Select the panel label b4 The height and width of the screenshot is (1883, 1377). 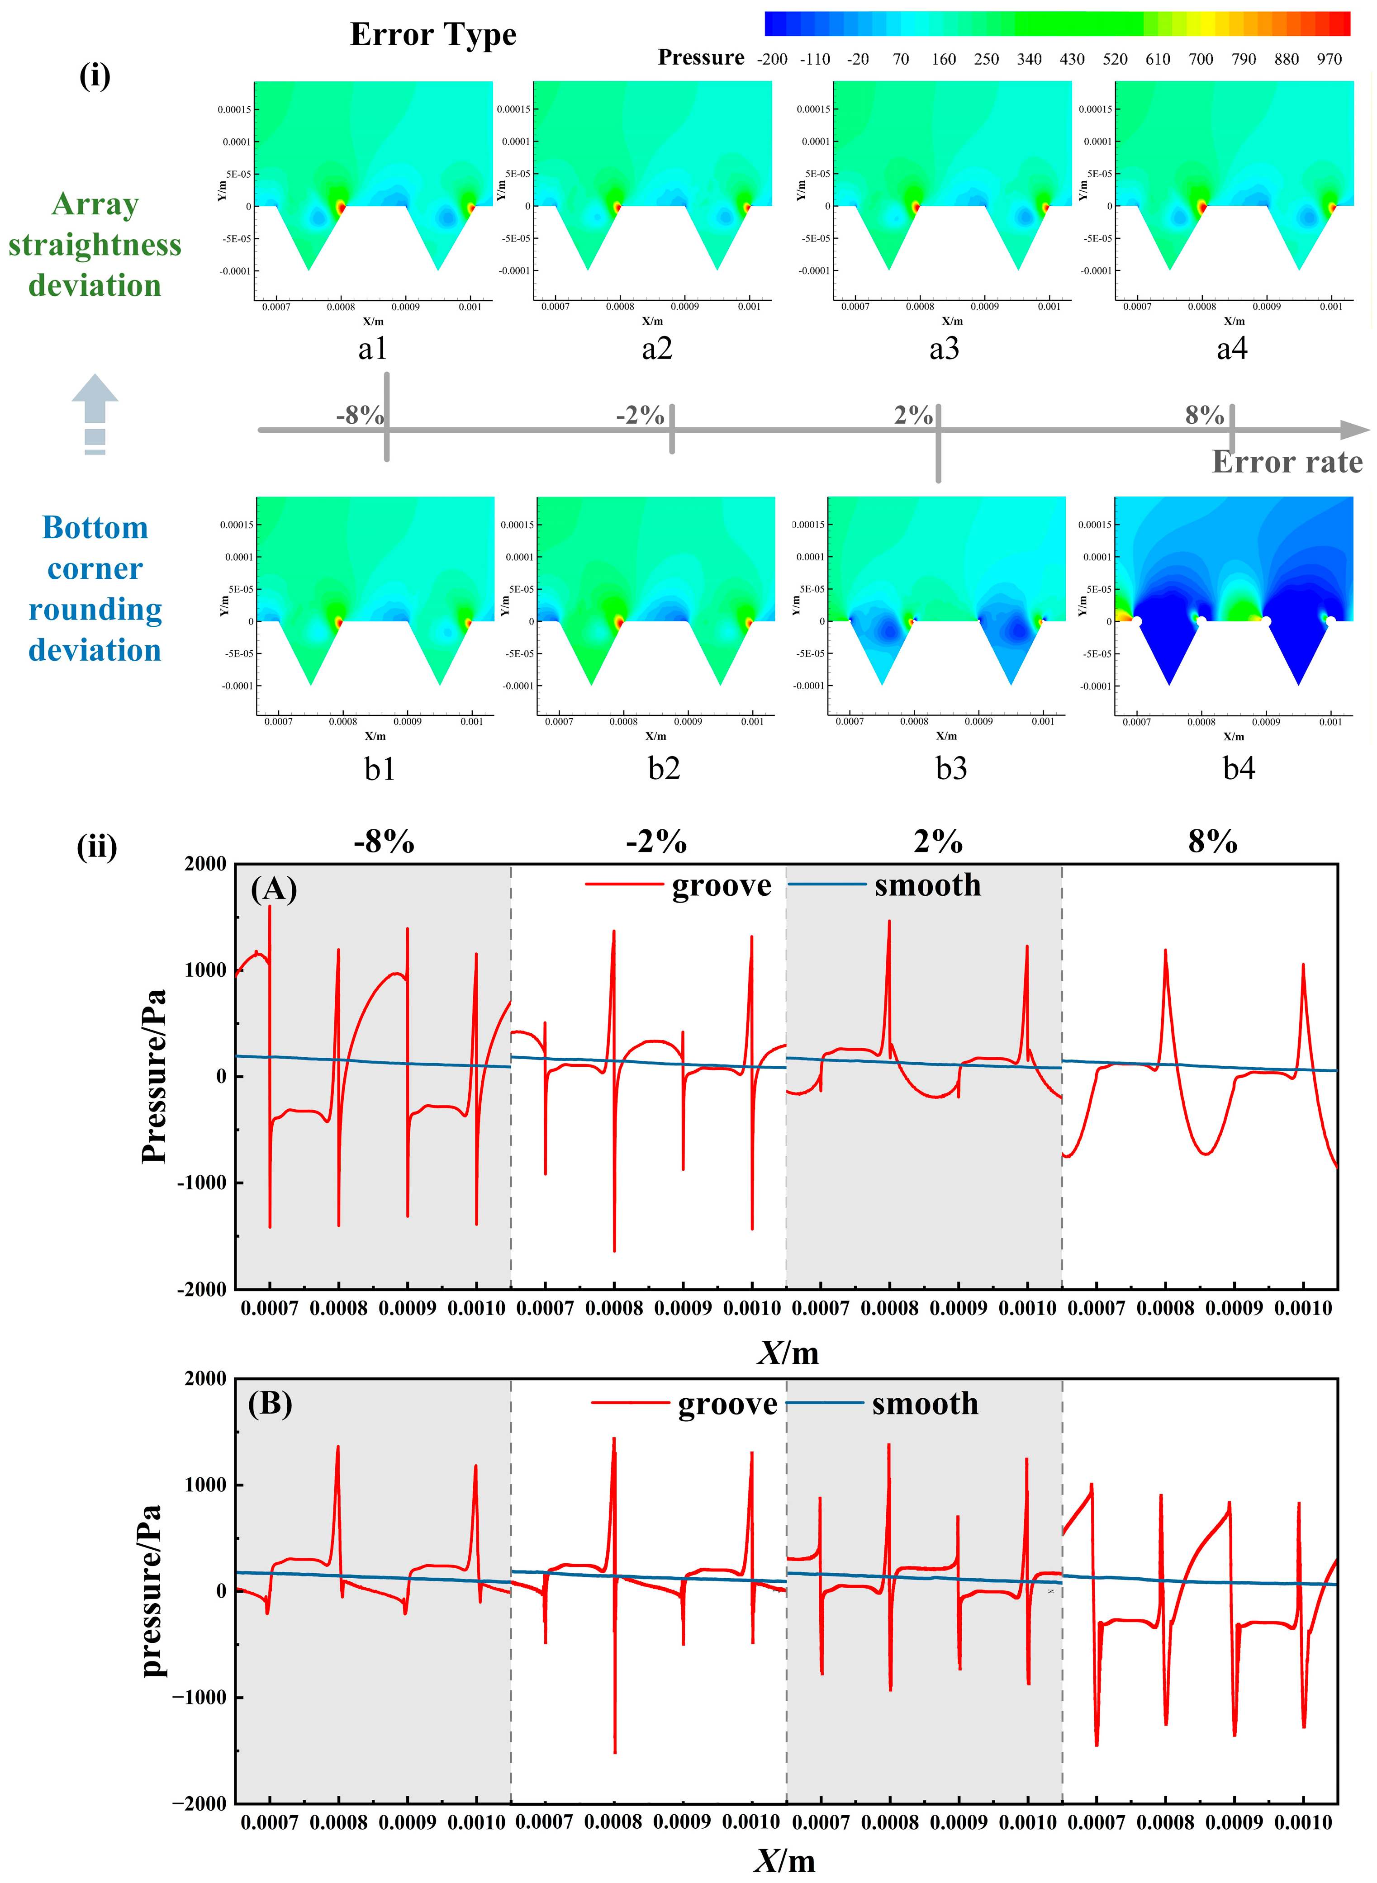[x=1239, y=767]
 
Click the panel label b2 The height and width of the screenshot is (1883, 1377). [x=665, y=767]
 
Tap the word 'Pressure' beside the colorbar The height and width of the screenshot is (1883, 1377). [x=701, y=57]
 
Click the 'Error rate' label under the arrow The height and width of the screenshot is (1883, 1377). [x=1287, y=462]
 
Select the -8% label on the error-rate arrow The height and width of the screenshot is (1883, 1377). [x=360, y=415]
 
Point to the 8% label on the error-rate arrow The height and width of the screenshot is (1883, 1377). [x=1205, y=415]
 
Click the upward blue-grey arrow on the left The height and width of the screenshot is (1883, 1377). [x=95, y=414]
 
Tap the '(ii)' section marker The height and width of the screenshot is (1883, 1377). [x=97, y=847]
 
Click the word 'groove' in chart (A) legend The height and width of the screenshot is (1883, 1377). [x=722, y=886]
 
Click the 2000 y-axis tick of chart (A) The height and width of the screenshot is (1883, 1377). [x=205, y=864]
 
